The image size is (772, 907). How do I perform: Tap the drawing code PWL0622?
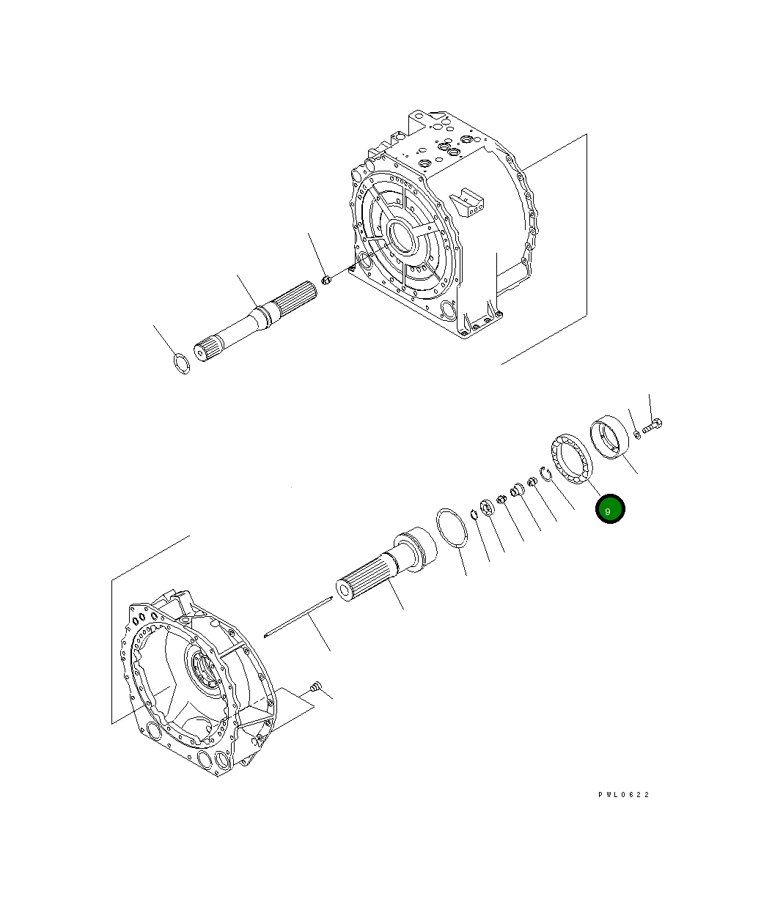click(623, 795)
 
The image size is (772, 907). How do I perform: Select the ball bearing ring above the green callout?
click(570, 458)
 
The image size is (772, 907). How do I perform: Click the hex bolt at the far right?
click(652, 424)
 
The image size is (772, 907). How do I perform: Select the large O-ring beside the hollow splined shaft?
click(450, 527)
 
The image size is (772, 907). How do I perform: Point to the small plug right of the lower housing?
click(316, 686)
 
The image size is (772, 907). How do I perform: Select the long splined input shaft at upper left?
click(253, 319)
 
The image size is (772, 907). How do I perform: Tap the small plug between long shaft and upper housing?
click(327, 280)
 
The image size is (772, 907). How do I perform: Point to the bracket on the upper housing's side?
click(468, 202)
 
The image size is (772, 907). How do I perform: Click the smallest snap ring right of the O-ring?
click(474, 514)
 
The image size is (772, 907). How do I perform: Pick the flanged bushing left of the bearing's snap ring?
click(518, 489)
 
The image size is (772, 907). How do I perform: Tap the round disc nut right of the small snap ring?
click(486, 507)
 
